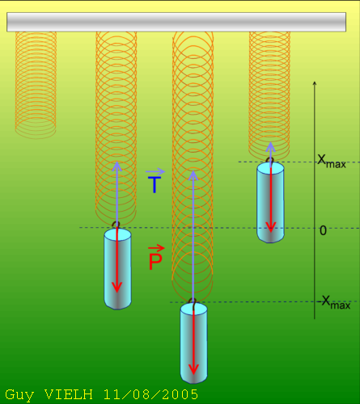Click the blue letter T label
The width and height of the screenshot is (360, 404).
click(155, 184)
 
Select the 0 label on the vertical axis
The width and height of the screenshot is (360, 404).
click(323, 230)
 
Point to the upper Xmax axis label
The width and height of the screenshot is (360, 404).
click(332, 162)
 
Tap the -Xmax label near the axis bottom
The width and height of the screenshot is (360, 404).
click(333, 302)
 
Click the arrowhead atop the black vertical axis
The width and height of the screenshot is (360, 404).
click(315, 82)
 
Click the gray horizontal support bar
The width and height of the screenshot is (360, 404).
click(176, 22)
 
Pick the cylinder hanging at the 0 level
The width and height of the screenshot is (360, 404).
click(117, 268)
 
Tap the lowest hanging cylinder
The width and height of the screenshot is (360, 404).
click(193, 343)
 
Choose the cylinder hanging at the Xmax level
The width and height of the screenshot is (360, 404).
click(270, 202)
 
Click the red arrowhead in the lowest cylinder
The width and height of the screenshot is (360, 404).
click(193, 369)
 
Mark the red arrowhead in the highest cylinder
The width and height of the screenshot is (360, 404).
click(271, 227)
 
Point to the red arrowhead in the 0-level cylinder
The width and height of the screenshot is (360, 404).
click(116, 287)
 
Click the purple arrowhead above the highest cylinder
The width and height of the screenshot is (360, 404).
click(270, 147)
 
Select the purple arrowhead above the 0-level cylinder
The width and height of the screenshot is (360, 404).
click(116, 166)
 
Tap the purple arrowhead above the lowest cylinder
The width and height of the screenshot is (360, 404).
click(193, 175)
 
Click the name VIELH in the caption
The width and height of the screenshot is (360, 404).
click(69, 394)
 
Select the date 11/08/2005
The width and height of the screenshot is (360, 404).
click(150, 394)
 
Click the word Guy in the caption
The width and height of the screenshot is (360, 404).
click(19, 395)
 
